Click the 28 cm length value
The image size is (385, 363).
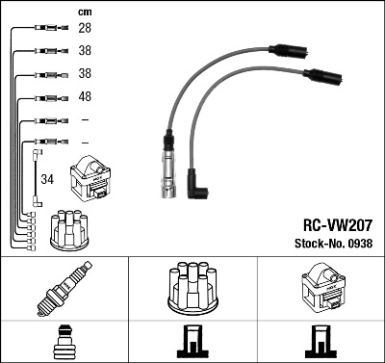click(x=85, y=28)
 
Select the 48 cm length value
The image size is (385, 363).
click(x=85, y=96)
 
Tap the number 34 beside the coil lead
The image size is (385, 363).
click(x=47, y=179)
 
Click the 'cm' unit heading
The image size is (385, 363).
click(x=85, y=13)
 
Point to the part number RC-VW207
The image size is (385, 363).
click(x=338, y=225)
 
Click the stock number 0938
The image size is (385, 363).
click(x=359, y=244)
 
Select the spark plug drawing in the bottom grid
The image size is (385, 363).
click(x=64, y=289)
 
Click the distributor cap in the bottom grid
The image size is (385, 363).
click(x=192, y=288)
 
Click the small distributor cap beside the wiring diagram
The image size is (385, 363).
click(x=69, y=230)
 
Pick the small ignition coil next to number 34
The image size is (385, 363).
click(x=90, y=178)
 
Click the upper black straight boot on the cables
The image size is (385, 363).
click(x=289, y=50)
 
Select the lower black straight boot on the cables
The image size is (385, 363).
click(x=322, y=76)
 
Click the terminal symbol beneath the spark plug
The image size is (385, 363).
click(x=64, y=342)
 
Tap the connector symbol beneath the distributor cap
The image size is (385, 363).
click(x=192, y=342)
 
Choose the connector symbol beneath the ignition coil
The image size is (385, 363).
click(x=321, y=342)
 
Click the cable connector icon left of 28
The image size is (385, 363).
click(x=51, y=28)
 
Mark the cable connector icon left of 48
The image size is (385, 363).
click(x=51, y=98)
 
